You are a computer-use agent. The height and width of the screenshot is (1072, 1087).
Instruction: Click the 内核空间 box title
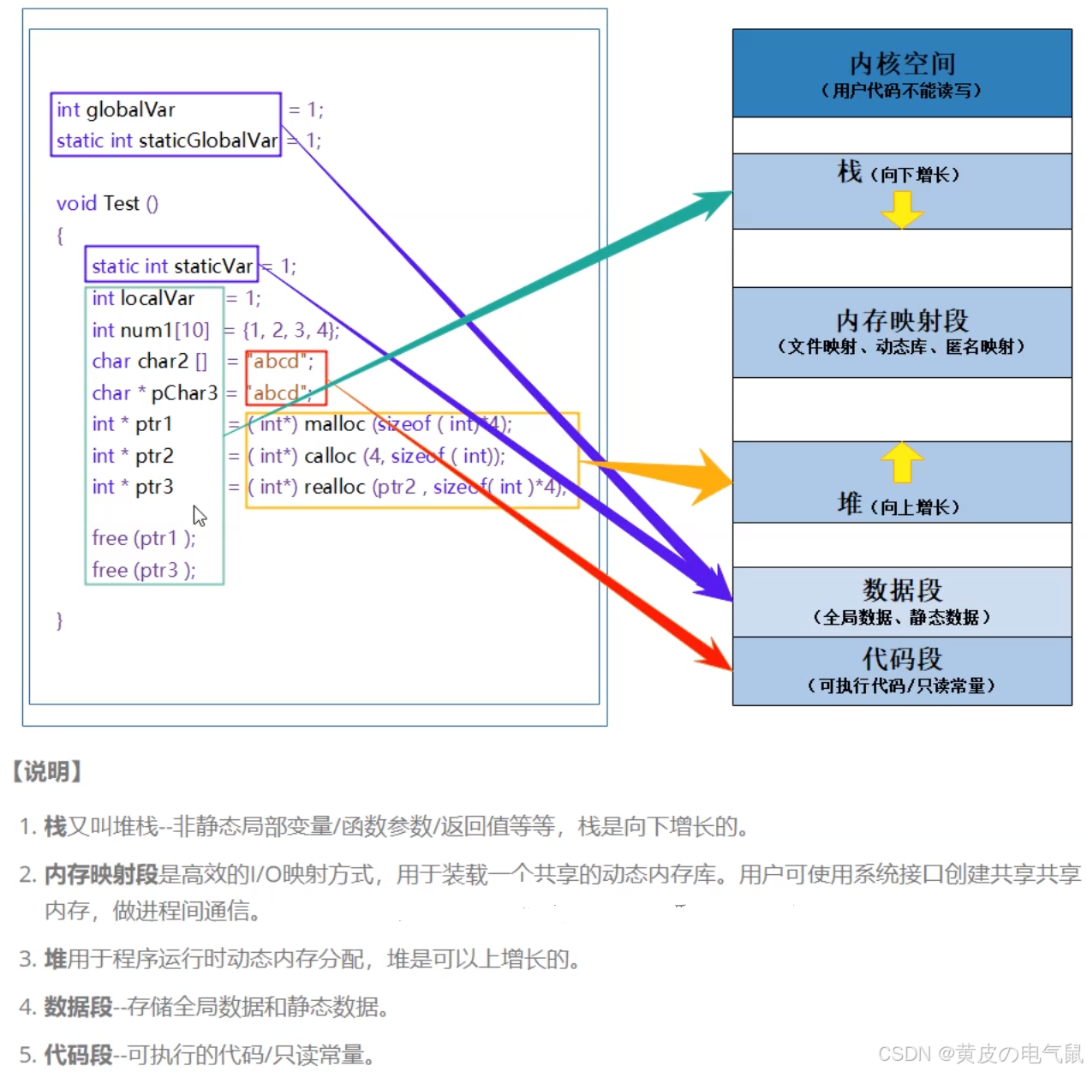coord(902,63)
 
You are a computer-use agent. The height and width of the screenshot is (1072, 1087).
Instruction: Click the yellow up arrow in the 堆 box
coord(902,462)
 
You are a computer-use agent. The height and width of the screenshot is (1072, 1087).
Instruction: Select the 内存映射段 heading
coord(902,320)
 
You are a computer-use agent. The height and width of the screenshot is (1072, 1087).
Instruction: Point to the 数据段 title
coord(902,590)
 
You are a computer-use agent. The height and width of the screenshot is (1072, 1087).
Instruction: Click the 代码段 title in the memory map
coord(902,658)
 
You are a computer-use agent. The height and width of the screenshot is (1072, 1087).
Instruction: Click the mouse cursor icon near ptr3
coord(199,516)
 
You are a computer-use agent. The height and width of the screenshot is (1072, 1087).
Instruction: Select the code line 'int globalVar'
coord(116,110)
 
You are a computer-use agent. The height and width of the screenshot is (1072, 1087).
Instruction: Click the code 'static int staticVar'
coord(171,266)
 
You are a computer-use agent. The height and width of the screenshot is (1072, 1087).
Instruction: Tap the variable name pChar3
coord(184,393)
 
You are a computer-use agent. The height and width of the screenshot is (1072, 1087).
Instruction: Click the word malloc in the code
coord(334,424)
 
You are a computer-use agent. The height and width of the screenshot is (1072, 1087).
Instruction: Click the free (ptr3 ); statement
coord(143,570)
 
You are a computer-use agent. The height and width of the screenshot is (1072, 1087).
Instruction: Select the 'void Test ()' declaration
coord(107,203)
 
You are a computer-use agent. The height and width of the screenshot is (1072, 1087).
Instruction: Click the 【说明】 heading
coord(47,771)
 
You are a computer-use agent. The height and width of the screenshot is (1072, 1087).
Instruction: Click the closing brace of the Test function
coord(59,620)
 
